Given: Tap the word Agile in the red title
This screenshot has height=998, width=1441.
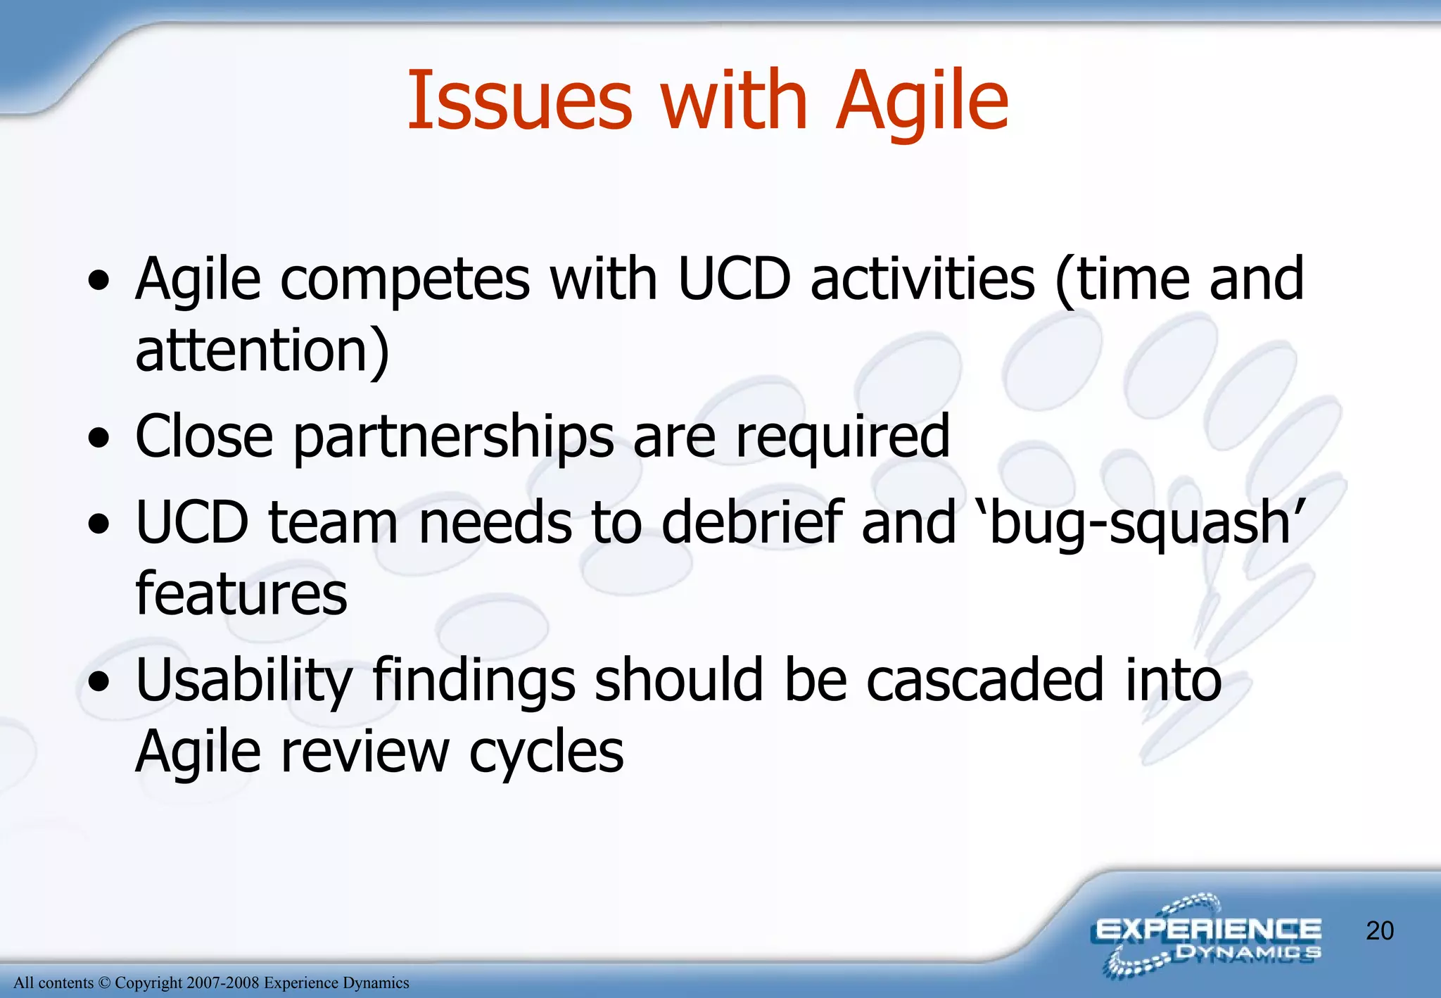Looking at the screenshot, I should pos(922,103).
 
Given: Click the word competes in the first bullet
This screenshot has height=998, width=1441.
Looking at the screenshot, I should pos(405,280).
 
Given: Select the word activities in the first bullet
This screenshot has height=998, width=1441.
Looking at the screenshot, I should pos(922,279).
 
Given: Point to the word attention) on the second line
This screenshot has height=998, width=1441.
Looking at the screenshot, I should pos(262,351).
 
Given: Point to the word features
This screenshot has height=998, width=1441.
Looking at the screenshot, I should pos(241,594).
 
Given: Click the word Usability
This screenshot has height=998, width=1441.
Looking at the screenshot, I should pos(243,681).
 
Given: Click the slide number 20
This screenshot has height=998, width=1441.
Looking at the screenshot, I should pos(1379,931).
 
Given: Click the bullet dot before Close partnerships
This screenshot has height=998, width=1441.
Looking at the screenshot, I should pos(99,439).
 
